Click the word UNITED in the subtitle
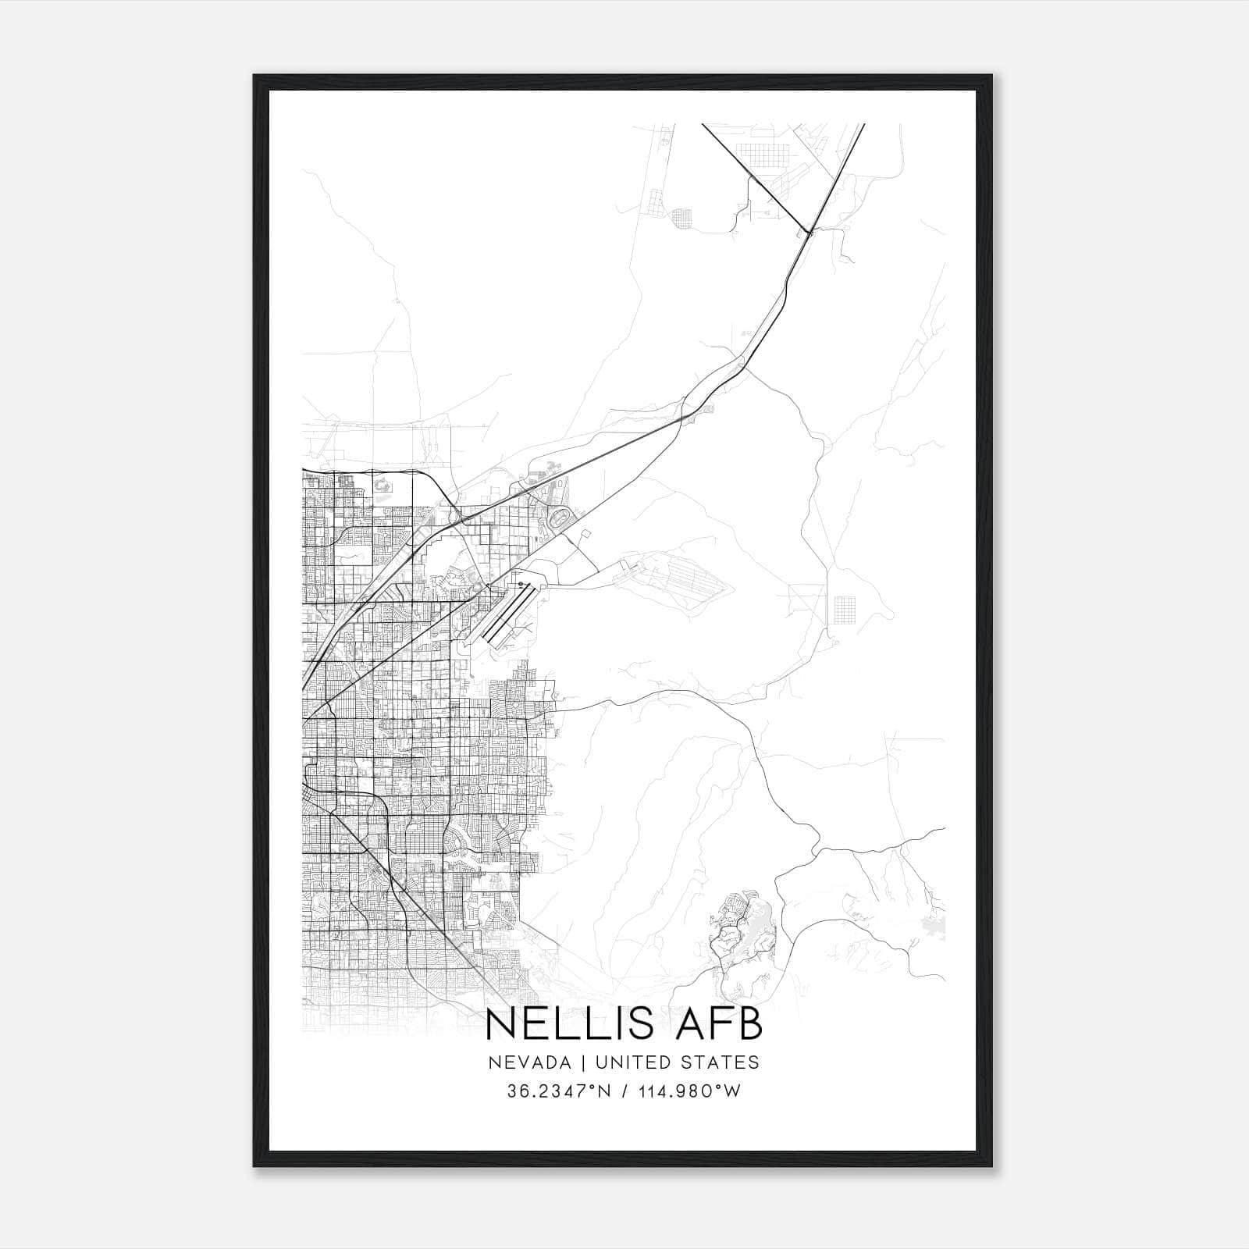point(628,1062)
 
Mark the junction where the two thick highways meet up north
point(810,231)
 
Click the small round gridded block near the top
point(682,218)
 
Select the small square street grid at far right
point(845,608)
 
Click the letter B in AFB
point(750,1024)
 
